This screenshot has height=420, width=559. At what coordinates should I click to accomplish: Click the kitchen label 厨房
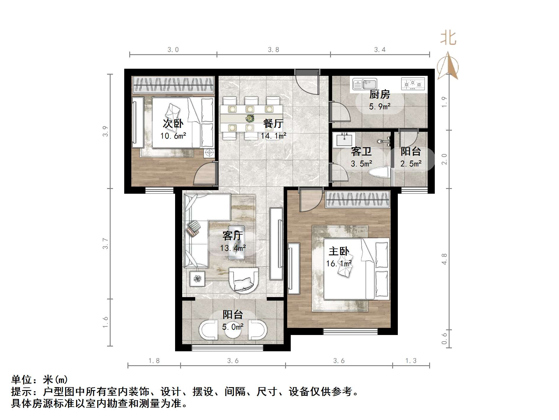click(379, 94)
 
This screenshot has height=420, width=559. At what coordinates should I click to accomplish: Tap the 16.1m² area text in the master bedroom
click(339, 263)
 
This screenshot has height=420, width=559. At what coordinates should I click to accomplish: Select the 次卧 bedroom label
click(173, 124)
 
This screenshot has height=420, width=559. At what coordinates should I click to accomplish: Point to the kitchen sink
click(364, 84)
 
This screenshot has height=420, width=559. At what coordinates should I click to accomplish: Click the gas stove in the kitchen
click(413, 84)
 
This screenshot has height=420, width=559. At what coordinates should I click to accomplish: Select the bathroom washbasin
click(344, 140)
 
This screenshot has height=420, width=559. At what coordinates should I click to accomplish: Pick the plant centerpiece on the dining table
click(250, 118)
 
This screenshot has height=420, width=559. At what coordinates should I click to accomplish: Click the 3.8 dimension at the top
click(274, 50)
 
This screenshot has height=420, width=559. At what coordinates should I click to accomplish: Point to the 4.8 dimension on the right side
click(444, 259)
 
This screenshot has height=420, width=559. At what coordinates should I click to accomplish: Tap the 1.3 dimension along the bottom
click(411, 360)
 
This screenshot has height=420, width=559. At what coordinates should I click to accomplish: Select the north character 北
click(448, 39)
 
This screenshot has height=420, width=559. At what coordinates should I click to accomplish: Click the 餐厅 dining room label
click(273, 124)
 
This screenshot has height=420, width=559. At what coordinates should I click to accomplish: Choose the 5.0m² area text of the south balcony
click(233, 327)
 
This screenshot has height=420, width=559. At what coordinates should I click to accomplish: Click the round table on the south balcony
click(233, 331)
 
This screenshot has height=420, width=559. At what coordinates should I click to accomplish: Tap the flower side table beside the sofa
click(197, 279)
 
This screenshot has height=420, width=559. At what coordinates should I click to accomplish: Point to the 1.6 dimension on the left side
click(106, 322)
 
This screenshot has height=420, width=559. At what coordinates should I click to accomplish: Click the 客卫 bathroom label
click(361, 151)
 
